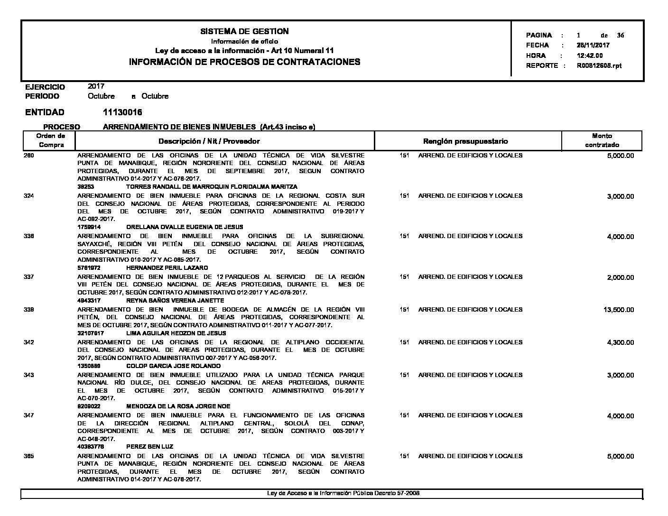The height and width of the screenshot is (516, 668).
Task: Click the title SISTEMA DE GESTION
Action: point(244,31)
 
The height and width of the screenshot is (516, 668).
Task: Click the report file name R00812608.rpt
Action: point(599,65)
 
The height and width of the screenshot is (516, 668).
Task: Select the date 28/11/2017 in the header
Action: point(593,46)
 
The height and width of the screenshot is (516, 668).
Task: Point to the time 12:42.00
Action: point(590,55)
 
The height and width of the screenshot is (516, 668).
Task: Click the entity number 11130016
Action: point(122,112)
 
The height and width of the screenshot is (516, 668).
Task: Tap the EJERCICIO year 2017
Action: point(96,86)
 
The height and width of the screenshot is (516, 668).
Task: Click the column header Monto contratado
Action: point(602,140)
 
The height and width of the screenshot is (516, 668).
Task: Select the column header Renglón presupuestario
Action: point(465,141)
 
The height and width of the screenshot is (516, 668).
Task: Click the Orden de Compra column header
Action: point(51,140)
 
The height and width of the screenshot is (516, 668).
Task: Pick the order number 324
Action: point(29,196)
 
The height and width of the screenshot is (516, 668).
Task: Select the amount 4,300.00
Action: point(620,342)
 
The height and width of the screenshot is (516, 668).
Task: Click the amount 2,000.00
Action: point(620,277)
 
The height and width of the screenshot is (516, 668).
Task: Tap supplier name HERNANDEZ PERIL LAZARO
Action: point(167,267)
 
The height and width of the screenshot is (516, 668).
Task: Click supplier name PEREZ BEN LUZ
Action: point(149,446)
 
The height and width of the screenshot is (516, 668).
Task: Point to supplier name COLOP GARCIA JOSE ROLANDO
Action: point(173,366)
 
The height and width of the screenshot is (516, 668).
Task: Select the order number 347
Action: point(29,415)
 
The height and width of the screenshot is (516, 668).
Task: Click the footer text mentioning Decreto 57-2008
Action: point(343,493)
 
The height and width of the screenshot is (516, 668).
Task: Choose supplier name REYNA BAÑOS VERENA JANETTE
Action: point(175,300)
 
